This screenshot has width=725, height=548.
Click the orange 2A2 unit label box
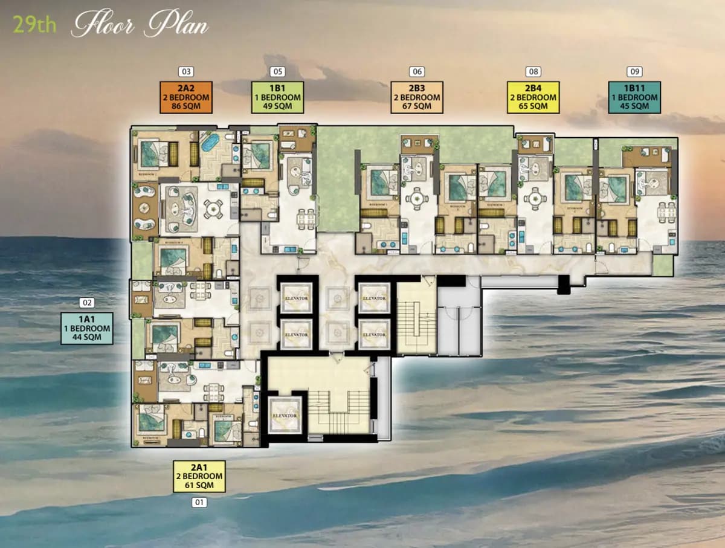[x=186, y=97]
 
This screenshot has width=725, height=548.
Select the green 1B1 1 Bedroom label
[x=277, y=97]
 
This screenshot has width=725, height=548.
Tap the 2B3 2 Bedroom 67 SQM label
[x=417, y=97]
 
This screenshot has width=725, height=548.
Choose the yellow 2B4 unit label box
[x=533, y=97]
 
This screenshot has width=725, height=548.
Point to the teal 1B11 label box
[x=634, y=97]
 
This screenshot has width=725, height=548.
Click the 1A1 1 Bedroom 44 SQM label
[x=87, y=328]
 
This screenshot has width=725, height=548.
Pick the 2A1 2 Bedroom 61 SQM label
[x=199, y=476]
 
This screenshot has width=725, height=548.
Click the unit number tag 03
[x=186, y=72]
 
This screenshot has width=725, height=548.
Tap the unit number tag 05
[x=277, y=72]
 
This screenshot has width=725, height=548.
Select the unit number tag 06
[x=417, y=72]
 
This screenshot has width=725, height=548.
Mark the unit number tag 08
[x=533, y=72]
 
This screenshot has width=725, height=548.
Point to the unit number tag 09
[x=634, y=72]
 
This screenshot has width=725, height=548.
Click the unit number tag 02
[x=87, y=303]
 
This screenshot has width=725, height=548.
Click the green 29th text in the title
[x=35, y=26]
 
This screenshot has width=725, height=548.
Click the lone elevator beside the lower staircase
[x=285, y=416]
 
